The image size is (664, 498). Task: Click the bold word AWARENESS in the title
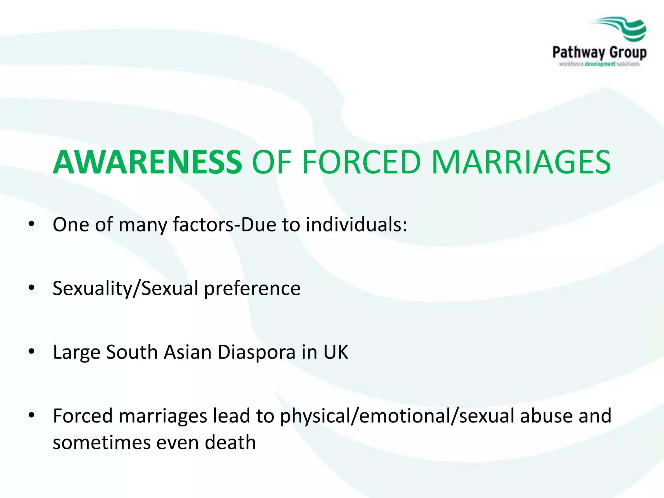148,162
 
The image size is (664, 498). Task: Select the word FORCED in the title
361,162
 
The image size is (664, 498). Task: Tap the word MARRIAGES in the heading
521,162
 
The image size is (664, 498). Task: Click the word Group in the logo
628,53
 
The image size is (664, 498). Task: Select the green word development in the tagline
600,64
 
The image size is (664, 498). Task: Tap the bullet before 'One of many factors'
31,224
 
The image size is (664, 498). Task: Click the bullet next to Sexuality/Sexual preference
31,288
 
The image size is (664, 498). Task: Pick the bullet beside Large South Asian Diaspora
31,351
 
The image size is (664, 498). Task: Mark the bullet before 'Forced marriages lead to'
31,415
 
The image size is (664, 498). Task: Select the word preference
252,288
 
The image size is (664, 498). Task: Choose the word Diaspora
256,352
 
